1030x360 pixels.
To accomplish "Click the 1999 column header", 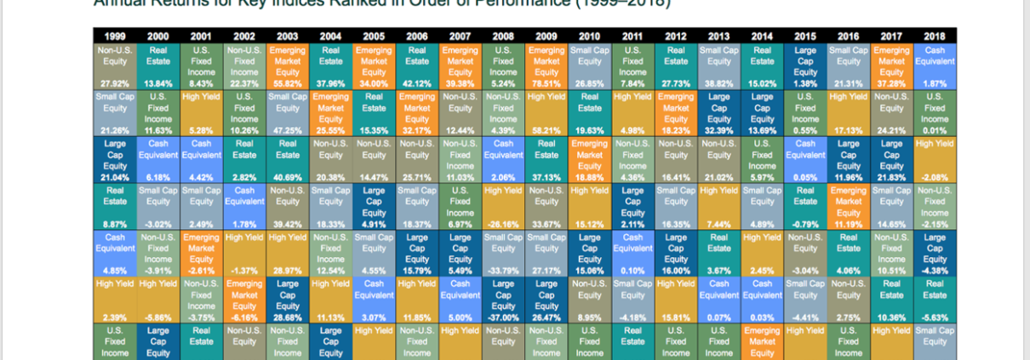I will [115, 37].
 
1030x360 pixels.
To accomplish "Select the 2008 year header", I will [504, 37].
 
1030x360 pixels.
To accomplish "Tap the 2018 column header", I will [935, 37].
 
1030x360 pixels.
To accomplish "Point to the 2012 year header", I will [676, 37].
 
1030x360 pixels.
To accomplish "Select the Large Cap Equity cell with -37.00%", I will [504, 295].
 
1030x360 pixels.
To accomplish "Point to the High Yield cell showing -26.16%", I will [504, 203].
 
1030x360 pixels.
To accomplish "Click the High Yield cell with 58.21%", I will [546, 111].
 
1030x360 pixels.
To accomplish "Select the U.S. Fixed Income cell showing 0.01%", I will [935, 111].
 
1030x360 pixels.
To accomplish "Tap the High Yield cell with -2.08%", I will [935, 157].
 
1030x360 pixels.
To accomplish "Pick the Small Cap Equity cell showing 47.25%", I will [288, 111].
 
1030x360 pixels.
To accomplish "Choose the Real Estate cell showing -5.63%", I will [935, 295].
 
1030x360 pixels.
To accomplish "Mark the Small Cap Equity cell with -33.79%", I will [504, 249].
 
